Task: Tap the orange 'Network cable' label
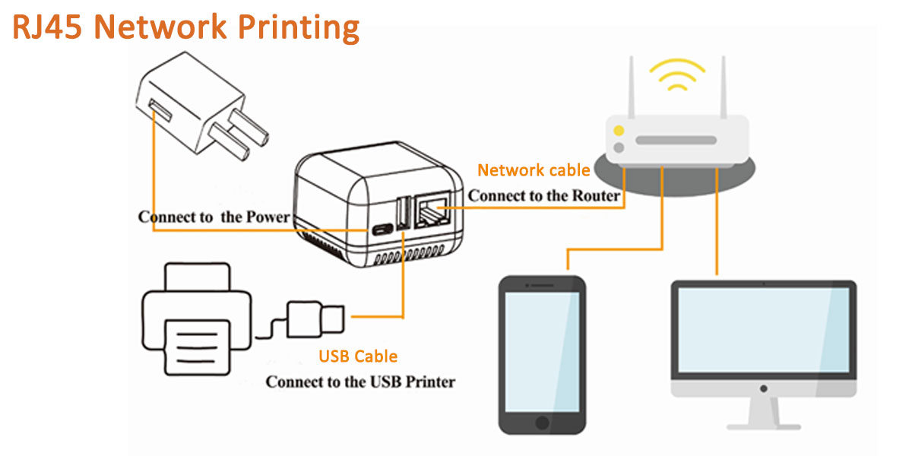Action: [x=534, y=170]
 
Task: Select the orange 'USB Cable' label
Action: [x=358, y=356]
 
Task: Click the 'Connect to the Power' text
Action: [x=214, y=217]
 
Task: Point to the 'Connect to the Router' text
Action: [x=544, y=196]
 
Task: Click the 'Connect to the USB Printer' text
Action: [x=360, y=382]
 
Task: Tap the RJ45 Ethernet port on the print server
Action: [x=429, y=212]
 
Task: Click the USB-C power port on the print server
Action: [x=378, y=230]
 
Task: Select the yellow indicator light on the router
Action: [x=619, y=131]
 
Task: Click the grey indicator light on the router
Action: [x=619, y=147]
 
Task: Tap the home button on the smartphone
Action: [x=542, y=423]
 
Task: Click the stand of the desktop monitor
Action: [x=765, y=414]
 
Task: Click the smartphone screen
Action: [x=542, y=350]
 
